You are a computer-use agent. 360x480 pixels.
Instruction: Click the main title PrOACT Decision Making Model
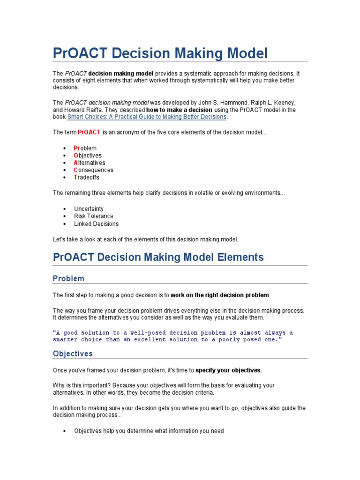click(x=160, y=53)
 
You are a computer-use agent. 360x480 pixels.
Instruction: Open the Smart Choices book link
click(x=147, y=117)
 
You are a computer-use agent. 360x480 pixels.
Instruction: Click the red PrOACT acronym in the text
click(x=89, y=133)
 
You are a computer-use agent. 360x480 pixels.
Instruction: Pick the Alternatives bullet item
click(x=90, y=163)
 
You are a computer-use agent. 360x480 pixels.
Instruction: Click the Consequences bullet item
click(x=93, y=170)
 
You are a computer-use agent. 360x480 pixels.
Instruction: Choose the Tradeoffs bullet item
click(x=87, y=177)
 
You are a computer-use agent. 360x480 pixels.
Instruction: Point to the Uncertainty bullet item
click(x=89, y=209)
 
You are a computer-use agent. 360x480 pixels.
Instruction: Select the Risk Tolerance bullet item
click(x=93, y=216)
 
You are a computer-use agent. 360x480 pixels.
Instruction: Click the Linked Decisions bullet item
click(x=96, y=224)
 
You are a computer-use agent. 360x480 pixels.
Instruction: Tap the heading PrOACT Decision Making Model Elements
click(x=158, y=257)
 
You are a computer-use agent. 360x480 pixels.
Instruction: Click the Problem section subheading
click(x=68, y=278)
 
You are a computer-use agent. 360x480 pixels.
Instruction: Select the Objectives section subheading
click(x=73, y=353)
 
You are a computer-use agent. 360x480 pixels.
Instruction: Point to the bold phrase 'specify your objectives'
click(x=228, y=370)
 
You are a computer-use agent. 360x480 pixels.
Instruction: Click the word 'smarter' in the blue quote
click(x=65, y=340)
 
